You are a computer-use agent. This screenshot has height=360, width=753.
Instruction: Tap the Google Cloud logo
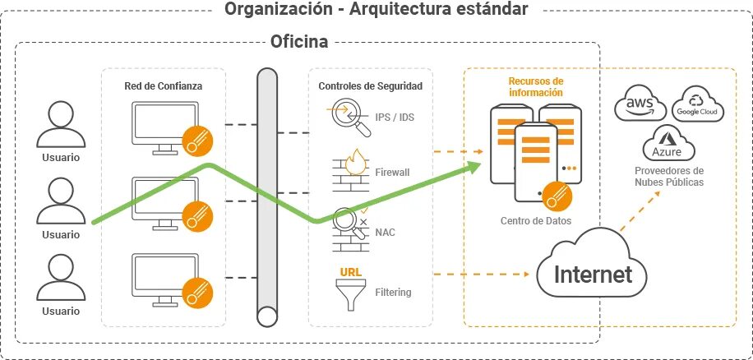point(696,104)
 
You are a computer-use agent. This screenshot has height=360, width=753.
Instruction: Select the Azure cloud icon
point(668,145)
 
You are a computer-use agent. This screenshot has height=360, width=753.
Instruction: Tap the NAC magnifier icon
point(350,228)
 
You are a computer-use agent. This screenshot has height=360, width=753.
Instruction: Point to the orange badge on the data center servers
point(555,196)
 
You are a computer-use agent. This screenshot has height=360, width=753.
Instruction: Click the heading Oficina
point(299,40)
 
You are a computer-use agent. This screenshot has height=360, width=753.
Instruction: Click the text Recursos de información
point(535,87)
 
